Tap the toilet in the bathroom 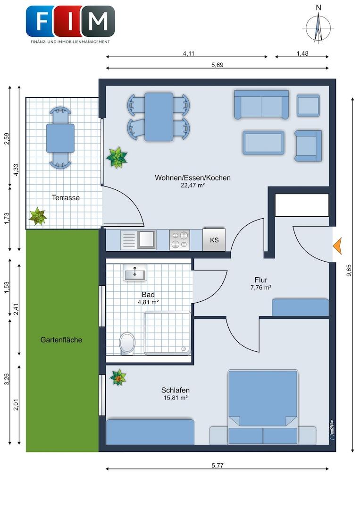click(127, 343)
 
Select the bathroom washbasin click(134, 272)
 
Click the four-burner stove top click(179, 240)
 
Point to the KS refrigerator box click(214, 240)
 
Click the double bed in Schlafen click(263, 407)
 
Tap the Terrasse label click(66, 197)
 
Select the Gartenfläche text click(61, 340)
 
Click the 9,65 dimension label click(349, 270)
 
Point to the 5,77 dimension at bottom click(218, 465)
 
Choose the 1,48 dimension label click(302, 53)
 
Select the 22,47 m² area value click(193, 186)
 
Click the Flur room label click(261, 280)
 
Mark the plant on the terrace click(38, 216)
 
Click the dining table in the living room click(159, 117)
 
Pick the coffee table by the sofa click(263, 143)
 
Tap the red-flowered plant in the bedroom click(118, 378)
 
